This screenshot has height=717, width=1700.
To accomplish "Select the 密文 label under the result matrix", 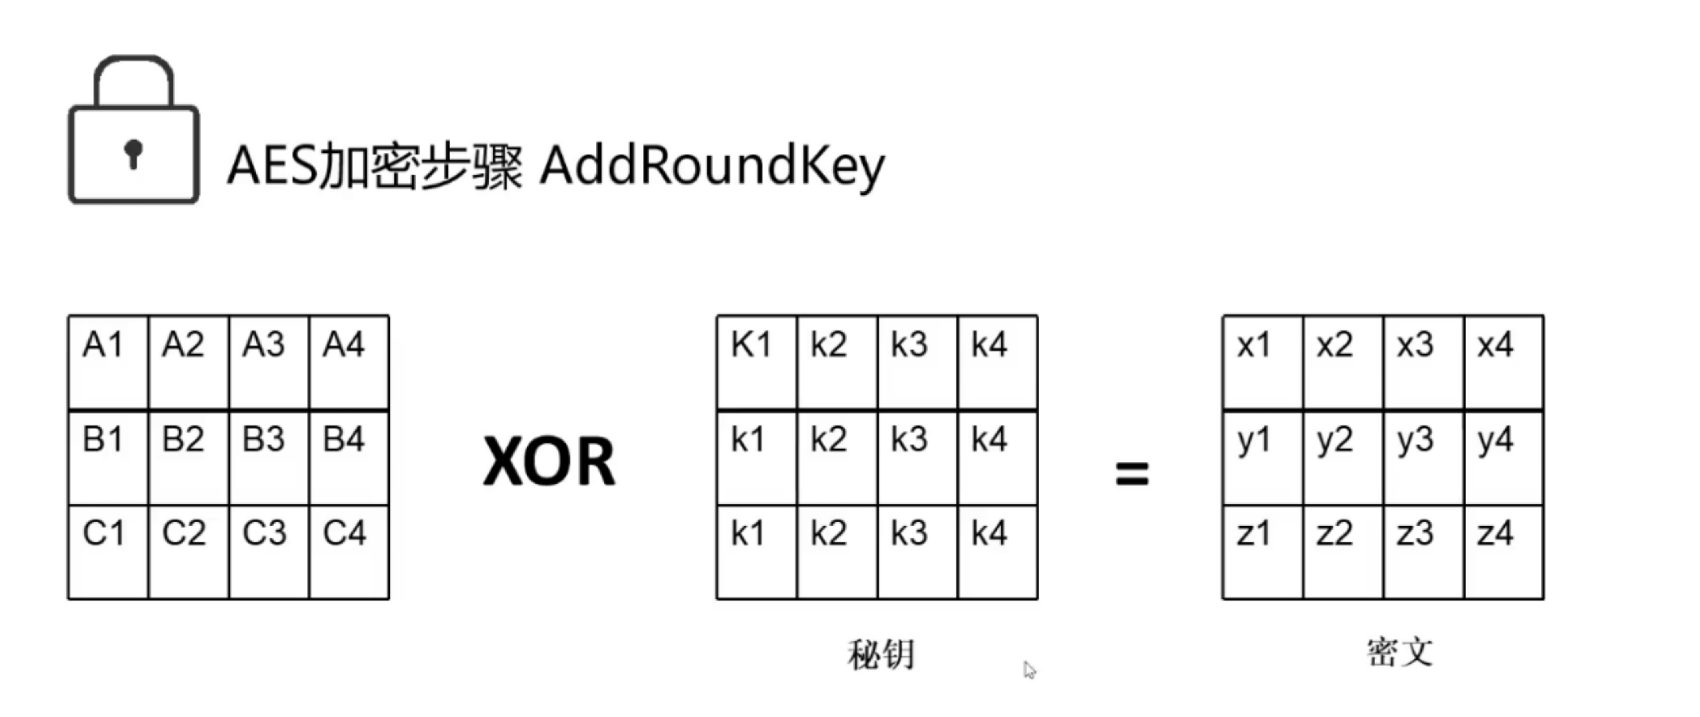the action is pos(1399,652).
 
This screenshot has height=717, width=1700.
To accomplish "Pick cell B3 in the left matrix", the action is pos(269,457).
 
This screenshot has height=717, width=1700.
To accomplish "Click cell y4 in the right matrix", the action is pos(1503,457).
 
